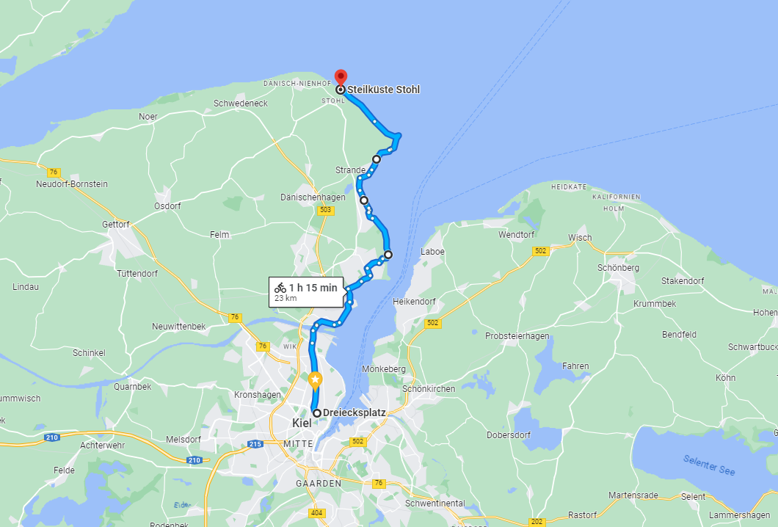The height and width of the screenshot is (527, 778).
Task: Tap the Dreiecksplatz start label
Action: (x=354, y=412)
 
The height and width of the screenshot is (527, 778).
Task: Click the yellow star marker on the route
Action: (x=315, y=379)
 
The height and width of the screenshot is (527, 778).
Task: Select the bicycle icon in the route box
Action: (x=280, y=288)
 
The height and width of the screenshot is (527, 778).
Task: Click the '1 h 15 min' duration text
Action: (x=313, y=288)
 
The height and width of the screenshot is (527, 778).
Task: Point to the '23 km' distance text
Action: (x=286, y=299)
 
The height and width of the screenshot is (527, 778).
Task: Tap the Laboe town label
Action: (x=432, y=252)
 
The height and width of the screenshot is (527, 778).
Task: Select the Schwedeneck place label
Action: (x=241, y=103)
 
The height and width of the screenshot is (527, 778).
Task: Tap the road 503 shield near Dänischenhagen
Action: (x=327, y=210)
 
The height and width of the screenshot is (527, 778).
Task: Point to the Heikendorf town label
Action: (x=415, y=301)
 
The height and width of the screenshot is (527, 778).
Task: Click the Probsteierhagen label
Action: (x=517, y=336)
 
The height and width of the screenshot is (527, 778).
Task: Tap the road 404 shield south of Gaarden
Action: (x=316, y=513)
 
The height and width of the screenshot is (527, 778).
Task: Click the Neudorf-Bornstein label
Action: (x=72, y=184)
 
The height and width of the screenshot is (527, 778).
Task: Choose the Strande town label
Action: (x=350, y=170)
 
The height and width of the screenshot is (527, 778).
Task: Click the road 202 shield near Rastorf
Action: (x=537, y=522)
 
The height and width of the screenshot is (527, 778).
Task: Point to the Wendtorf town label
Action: (x=517, y=235)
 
